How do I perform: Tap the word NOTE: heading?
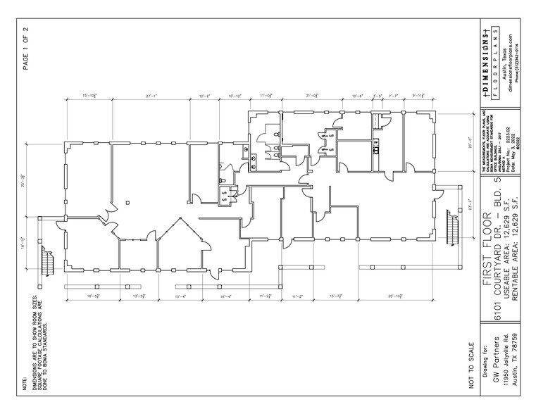[x=25, y=383]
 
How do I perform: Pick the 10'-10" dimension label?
[x=235, y=96]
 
